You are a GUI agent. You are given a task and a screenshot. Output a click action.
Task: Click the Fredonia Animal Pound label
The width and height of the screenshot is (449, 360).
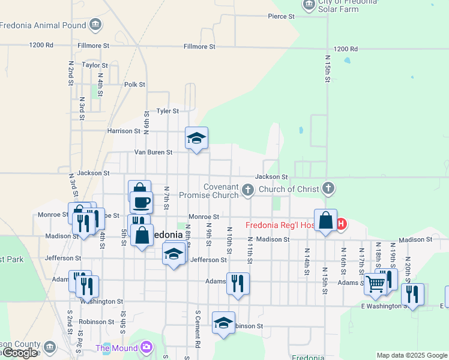click(x=43, y=25)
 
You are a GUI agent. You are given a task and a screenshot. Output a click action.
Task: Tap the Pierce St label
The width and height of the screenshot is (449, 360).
click(x=281, y=17)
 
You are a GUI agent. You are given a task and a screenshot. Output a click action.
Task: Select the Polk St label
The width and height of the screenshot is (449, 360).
click(x=134, y=85)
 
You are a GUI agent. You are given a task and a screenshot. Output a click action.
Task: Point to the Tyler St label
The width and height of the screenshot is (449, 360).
click(x=167, y=111)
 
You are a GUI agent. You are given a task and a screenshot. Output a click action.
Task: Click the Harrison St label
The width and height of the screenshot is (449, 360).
click(x=123, y=131)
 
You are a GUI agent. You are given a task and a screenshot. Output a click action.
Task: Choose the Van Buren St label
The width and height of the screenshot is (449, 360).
click(x=153, y=152)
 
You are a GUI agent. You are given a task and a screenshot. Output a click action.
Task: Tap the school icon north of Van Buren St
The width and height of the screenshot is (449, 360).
click(x=196, y=139)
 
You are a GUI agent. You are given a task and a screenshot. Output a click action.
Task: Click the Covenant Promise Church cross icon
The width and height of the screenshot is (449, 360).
click(x=248, y=191)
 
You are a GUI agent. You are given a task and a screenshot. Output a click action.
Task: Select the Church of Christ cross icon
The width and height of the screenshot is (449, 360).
click(x=328, y=189)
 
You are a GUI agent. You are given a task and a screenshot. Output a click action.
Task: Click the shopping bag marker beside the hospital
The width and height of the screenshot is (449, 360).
click(x=325, y=220)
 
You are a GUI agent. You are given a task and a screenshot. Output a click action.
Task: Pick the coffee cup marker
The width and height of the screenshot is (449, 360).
click(x=142, y=202)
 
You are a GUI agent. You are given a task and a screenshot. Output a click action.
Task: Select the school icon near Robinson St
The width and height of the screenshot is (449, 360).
click(x=223, y=323)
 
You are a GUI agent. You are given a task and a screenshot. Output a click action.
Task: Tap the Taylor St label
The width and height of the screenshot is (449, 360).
click(x=94, y=65)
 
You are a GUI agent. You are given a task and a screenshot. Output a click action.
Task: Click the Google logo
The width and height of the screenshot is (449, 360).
click(x=20, y=353)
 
